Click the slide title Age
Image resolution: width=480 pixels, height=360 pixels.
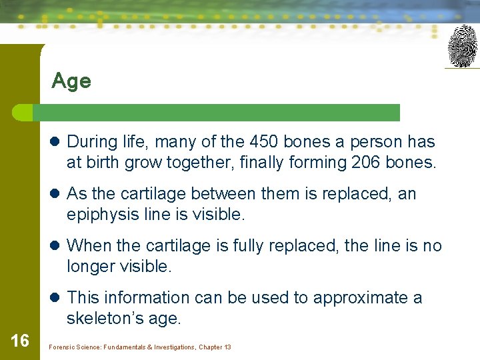71,81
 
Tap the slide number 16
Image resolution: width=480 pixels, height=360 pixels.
20,341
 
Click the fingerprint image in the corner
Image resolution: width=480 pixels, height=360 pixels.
462,46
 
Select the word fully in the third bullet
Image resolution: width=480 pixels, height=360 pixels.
252,246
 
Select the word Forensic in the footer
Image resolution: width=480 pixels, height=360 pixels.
62,347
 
